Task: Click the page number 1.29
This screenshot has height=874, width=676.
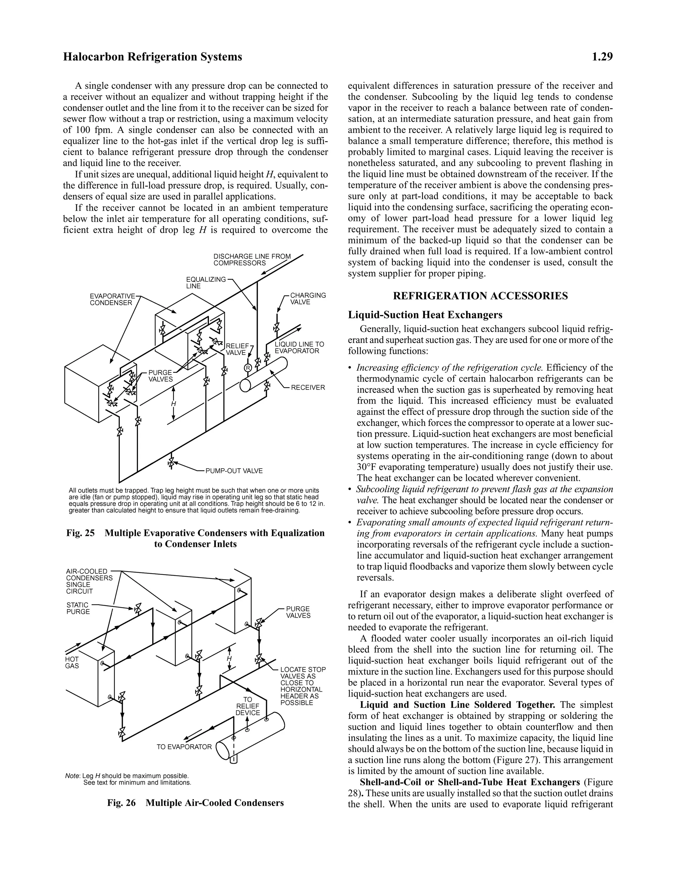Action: (x=602, y=57)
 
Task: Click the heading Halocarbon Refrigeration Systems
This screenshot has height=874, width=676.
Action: (x=152, y=57)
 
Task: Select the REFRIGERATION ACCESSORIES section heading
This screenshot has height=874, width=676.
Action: (x=480, y=296)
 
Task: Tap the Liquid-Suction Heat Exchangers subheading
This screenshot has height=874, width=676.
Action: (x=425, y=315)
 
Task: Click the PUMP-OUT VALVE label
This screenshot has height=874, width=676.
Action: (x=234, y=471)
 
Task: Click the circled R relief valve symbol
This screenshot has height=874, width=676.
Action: (x=248, y=368)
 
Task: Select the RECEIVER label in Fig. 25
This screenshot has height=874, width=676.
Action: (x=308, y=388)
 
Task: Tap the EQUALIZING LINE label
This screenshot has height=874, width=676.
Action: (x=205, y=283)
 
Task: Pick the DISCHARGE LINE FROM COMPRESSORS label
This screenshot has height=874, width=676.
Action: (x=252, y=260)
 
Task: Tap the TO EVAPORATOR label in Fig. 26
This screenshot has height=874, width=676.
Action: (x=184, y=747)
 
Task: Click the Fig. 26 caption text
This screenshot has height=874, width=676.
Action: (x=195, y=803)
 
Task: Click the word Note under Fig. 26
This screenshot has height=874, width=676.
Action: (x=72, y=776)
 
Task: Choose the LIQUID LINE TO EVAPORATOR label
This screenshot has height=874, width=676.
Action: (x=299, y=347)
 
